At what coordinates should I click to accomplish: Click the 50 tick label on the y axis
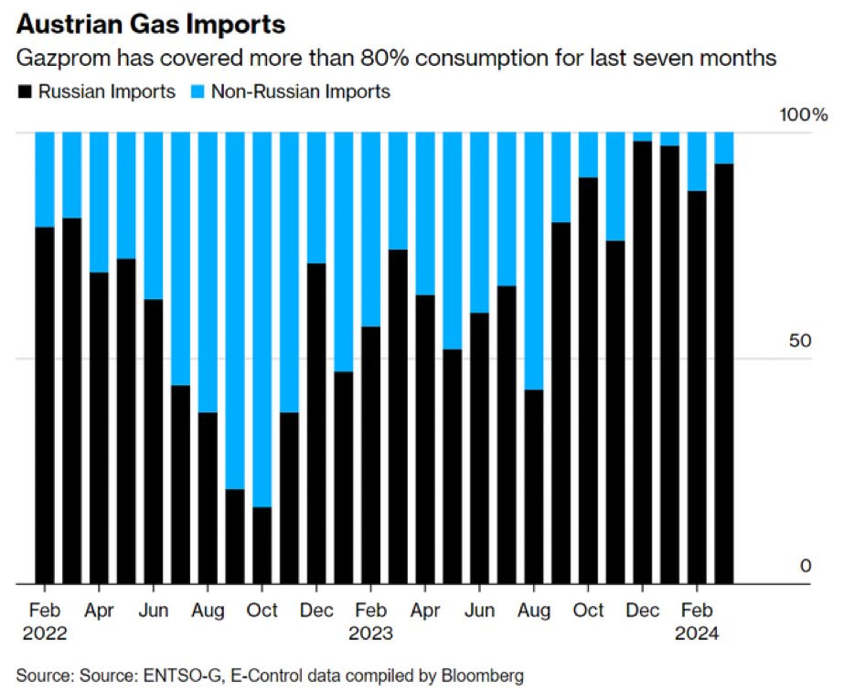tap(800, 341)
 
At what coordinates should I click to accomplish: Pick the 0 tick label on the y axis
tap(806, 567)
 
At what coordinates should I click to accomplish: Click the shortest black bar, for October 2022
tap(262, 545)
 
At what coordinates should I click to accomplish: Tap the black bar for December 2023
tap(643, 362)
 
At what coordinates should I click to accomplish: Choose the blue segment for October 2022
tap(262, 319)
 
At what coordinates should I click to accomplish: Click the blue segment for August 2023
tap(534, 261)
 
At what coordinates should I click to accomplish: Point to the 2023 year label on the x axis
tap(370, 633)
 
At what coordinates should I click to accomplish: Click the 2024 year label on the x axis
tap(697, 633)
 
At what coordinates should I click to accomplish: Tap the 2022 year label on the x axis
tap(44, 633)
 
